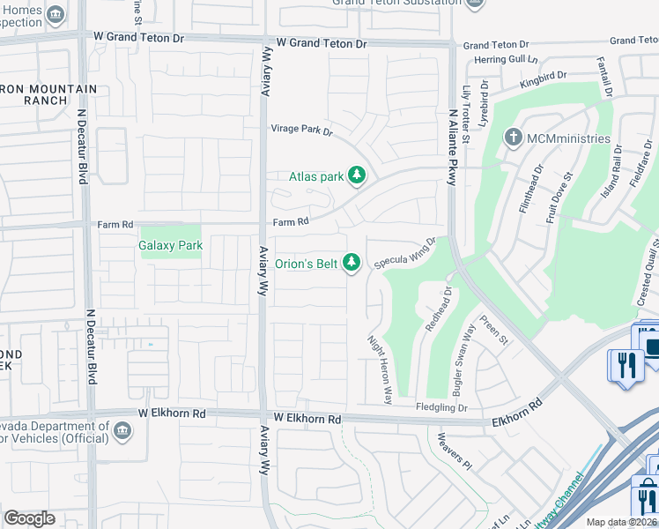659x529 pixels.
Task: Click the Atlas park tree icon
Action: tap(357, 176)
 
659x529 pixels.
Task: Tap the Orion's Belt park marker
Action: tap(352, 263)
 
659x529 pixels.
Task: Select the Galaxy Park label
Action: tap(171, 245)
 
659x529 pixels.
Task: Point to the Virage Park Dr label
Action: tap(301, 132)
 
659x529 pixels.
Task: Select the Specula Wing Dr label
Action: tap(405, 252)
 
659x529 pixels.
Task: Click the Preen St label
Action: tap(492, 331)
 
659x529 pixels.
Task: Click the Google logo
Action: tap(29, 518)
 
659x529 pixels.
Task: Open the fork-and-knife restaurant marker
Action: tap(626, 363)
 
